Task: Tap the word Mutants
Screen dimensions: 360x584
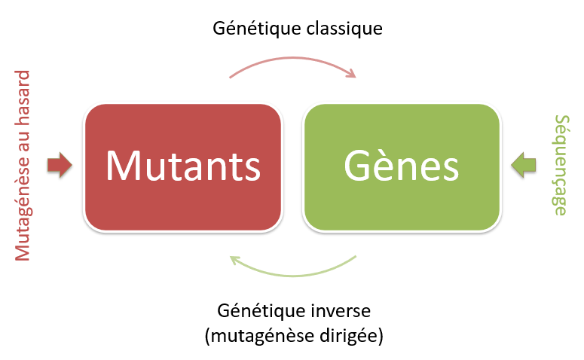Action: click(183, 165)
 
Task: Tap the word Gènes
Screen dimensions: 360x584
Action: click(401, 165)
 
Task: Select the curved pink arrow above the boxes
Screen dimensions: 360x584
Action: click(290, 62)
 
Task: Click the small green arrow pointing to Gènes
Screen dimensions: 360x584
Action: click(523, 165)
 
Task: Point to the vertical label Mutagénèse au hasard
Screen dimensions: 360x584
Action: click(23, 166)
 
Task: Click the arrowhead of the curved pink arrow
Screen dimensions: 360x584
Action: click(350, 74)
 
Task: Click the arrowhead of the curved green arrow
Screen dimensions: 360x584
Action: click(236, 261)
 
